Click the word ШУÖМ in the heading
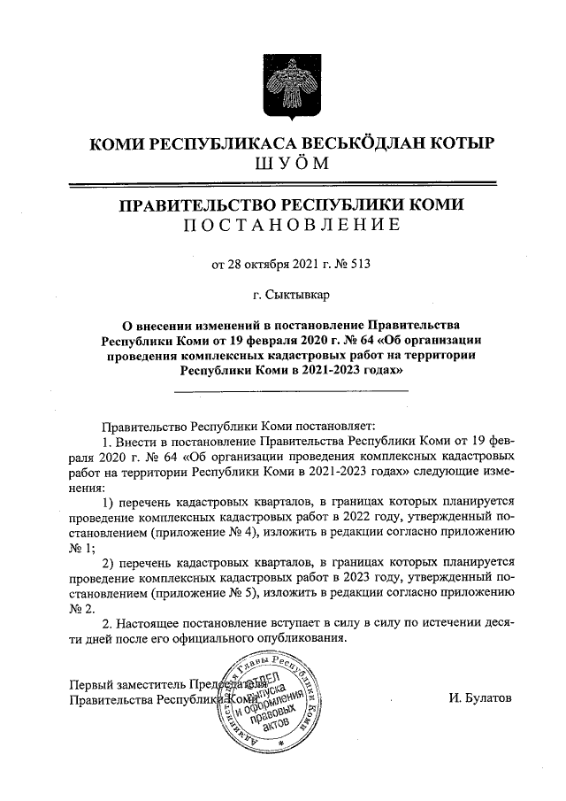click(x=283, y=163)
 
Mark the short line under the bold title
click(x=290, y=390)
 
